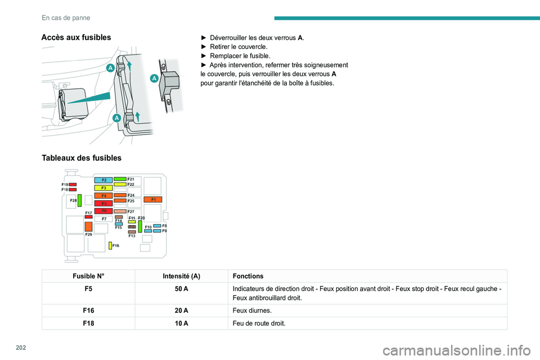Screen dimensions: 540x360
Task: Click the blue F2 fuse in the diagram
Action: [x=103, y=180]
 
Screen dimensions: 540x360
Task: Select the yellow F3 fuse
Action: [x=103, y=188]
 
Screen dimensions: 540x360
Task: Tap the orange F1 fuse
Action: [x=153, y=200]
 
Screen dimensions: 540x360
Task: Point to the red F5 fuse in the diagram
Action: [x=103, y=203]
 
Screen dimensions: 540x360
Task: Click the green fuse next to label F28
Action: [x=79, y=200]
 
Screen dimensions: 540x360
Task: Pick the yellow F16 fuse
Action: [x=110, y=245]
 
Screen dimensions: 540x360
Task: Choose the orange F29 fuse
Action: [x=88, y=227]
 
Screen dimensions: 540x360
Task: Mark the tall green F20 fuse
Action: [x=140, y=226]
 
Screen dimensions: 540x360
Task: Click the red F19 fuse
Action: [x=73, y=184]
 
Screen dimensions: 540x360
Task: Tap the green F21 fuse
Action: [x=120, y=179]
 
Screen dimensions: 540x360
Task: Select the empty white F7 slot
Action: [x=103, y=219]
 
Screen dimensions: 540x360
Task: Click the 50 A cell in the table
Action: [x=182, y=289]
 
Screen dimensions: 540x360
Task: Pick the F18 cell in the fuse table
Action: [x=88, y=323]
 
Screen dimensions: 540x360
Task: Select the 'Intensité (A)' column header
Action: [x=182, y=276]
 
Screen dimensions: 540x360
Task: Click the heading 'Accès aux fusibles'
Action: [x=76, y=38]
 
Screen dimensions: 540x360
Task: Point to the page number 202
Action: [x=21, y=348]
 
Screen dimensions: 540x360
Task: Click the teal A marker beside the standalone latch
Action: [x=154, y=78]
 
